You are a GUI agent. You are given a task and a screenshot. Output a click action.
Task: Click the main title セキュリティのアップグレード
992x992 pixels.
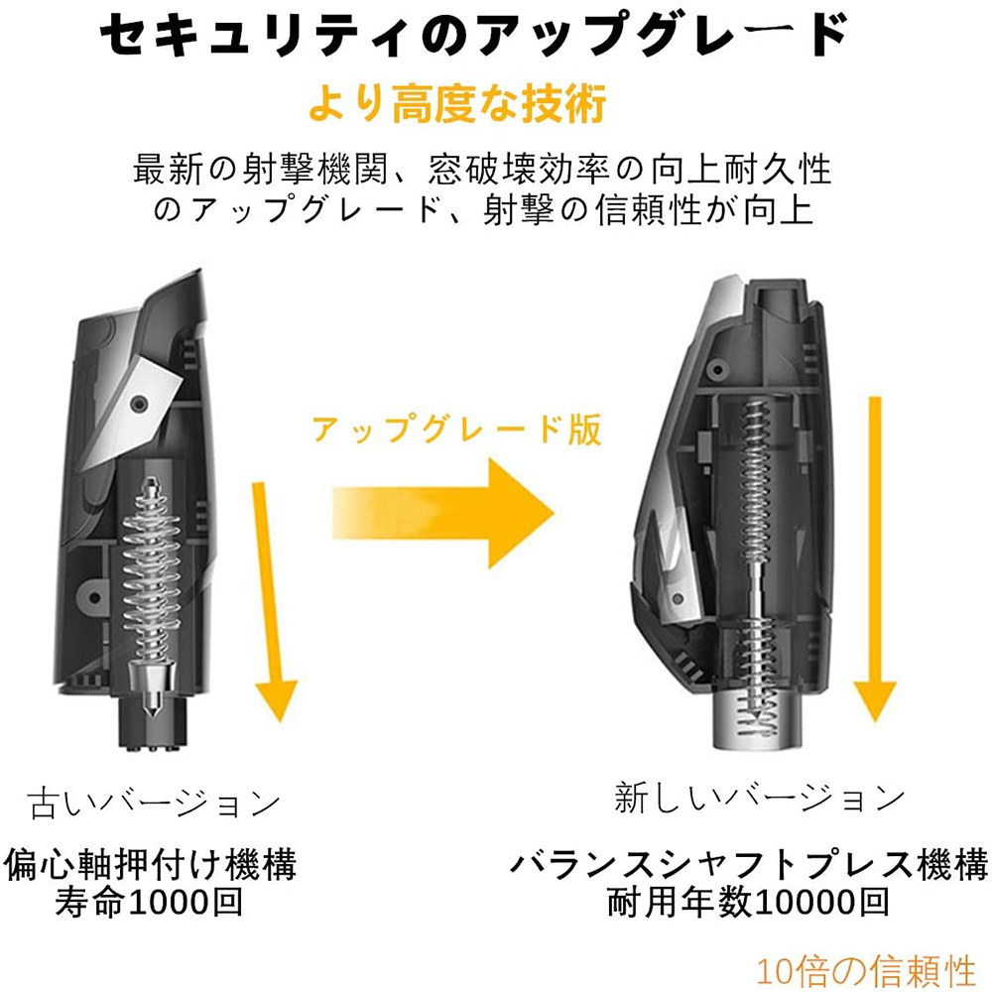coord(475,41)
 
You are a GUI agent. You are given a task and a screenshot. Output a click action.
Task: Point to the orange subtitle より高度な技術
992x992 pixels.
coord(456,104)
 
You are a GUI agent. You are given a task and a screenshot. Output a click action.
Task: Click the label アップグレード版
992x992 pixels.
coord(456,429)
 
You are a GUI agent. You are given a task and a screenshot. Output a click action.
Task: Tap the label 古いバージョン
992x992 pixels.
coord(154,802)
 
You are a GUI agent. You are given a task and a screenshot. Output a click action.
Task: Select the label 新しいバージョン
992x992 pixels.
coord(760,797)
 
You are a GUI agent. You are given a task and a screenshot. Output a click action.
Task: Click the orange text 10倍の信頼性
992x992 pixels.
coord(865,969)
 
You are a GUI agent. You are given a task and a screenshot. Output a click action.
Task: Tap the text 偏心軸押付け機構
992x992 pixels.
coord(151,862)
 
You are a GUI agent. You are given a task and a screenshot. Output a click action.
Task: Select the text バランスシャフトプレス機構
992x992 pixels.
coord(748,862)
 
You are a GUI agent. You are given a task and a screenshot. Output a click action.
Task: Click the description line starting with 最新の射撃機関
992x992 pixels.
coord(482,170)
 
